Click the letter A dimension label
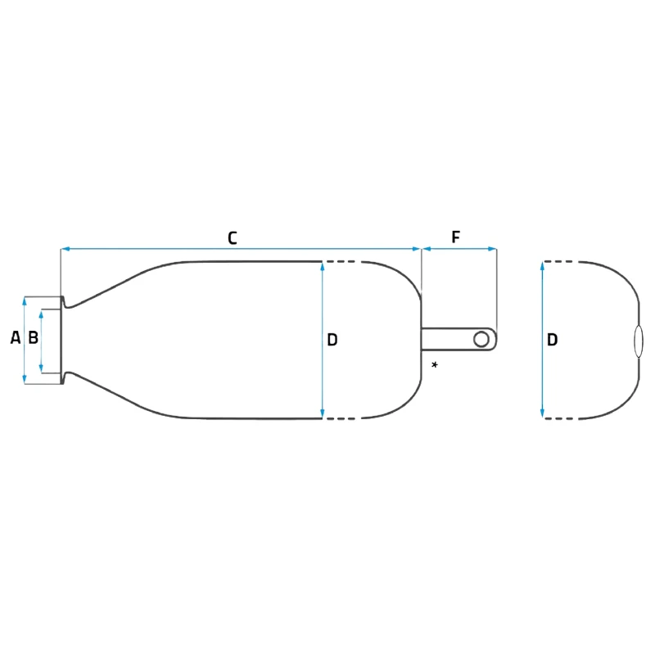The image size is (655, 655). pos(15,337)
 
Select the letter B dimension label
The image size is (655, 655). pos(33,337)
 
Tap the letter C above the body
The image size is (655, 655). pos(232,238)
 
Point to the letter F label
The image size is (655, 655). pos(456,238)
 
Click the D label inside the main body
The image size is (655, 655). pos(332,340)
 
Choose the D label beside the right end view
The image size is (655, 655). pos(553,340)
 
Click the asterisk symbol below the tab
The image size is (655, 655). pos(434,364)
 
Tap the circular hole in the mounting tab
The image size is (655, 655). pos(481,339)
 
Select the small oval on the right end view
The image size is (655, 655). pos(639,341)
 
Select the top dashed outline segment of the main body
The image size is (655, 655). pos(341,262)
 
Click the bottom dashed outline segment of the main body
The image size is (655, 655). pos(341,418)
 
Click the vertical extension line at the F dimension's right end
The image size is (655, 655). pos(497,287)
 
